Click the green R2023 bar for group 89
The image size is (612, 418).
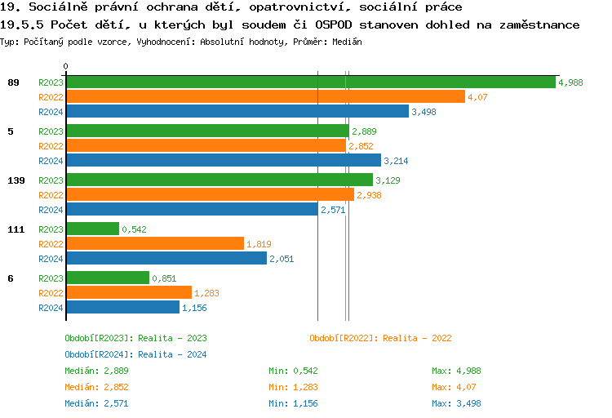click(310, 82)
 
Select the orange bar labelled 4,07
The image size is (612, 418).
click(265, 97)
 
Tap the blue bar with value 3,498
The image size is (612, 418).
click(237, 112)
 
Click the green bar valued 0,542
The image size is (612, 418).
click(92, 229)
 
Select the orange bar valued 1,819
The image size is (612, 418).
click(154, 244)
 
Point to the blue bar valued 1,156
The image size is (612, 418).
click(122, 308)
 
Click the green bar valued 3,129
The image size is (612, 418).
click(219, 180)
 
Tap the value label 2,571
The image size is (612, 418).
click(333, 210)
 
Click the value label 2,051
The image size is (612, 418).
click(282, 259)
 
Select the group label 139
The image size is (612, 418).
click(15, 180)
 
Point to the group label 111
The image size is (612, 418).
click(15, 229)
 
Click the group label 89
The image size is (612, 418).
click(12, 82)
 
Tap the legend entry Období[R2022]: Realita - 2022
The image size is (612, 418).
click(380, 338)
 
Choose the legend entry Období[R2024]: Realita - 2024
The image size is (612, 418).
click(135, 354)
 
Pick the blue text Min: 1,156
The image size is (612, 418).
click(295, 403)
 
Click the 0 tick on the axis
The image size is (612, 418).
click(66, 66)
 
